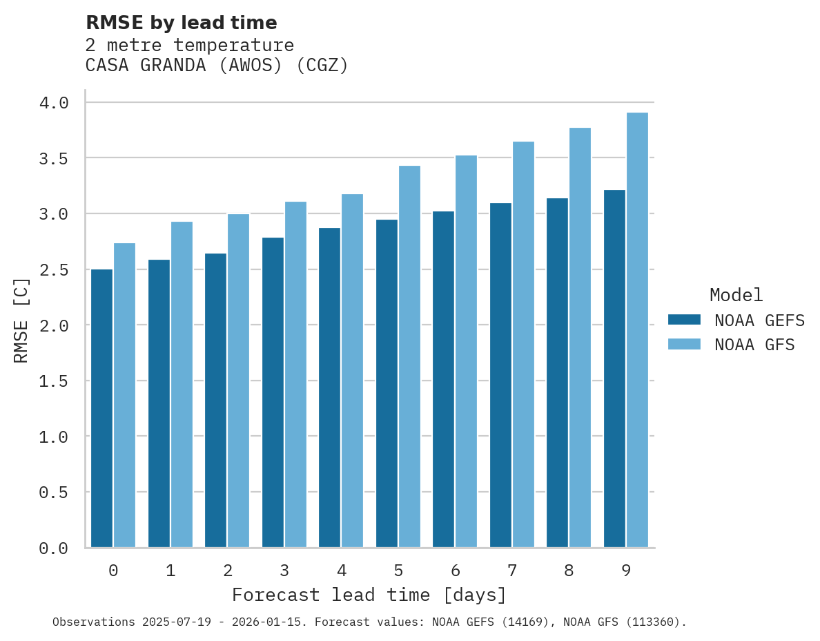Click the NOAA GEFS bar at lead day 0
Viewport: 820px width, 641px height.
pyautogui.click(x=101, y=408)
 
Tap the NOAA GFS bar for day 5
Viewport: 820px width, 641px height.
pyautogui.click(x=409, y=356)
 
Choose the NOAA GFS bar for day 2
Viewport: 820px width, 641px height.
pyautogui.click(x=238, y=381)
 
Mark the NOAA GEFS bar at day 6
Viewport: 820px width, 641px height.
pyautogui.click(x=443, y=379)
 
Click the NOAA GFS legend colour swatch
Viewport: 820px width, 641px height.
pyautogui.click(x=684, y=345)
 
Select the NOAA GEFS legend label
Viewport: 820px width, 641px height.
pyautogui.click(x=759, y=320)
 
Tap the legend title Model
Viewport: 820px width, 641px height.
pyautogui.click(x=736, y=295)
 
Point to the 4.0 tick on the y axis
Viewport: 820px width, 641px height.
pyautogui.click(x=54, y=103)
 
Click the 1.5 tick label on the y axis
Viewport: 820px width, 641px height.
pyautogui.click(x=54, y=381)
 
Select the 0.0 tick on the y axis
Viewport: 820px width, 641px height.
pyautogui.click(x=54, y=548)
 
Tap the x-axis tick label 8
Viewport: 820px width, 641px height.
pyautogui.click(x=569, y=571)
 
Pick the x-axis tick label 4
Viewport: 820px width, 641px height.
pyautogui.click(x=341, y=571)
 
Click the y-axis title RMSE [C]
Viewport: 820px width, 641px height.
pyautogui.click(x=21, y=320)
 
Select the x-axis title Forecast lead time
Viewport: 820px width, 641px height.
pyautogui.click(x=369, y=595)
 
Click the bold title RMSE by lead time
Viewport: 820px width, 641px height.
pyautogui.click(x=181, y=23)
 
